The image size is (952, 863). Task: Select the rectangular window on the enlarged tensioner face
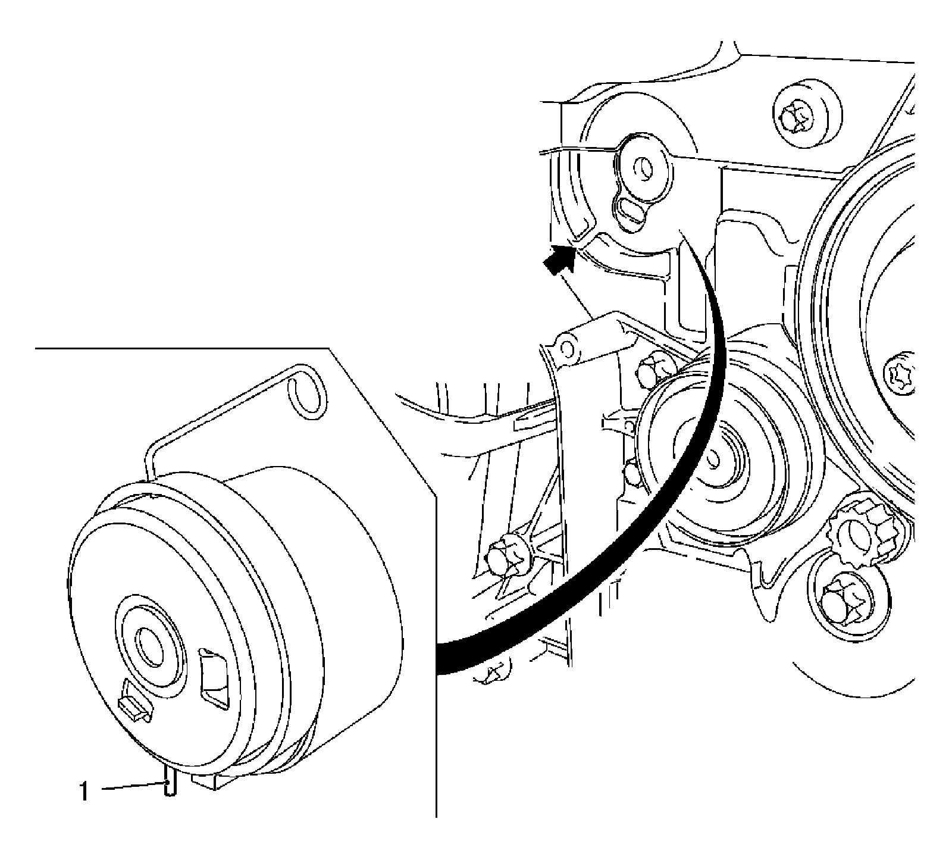[213, 678]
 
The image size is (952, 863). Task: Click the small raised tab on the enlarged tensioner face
[134, 705]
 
